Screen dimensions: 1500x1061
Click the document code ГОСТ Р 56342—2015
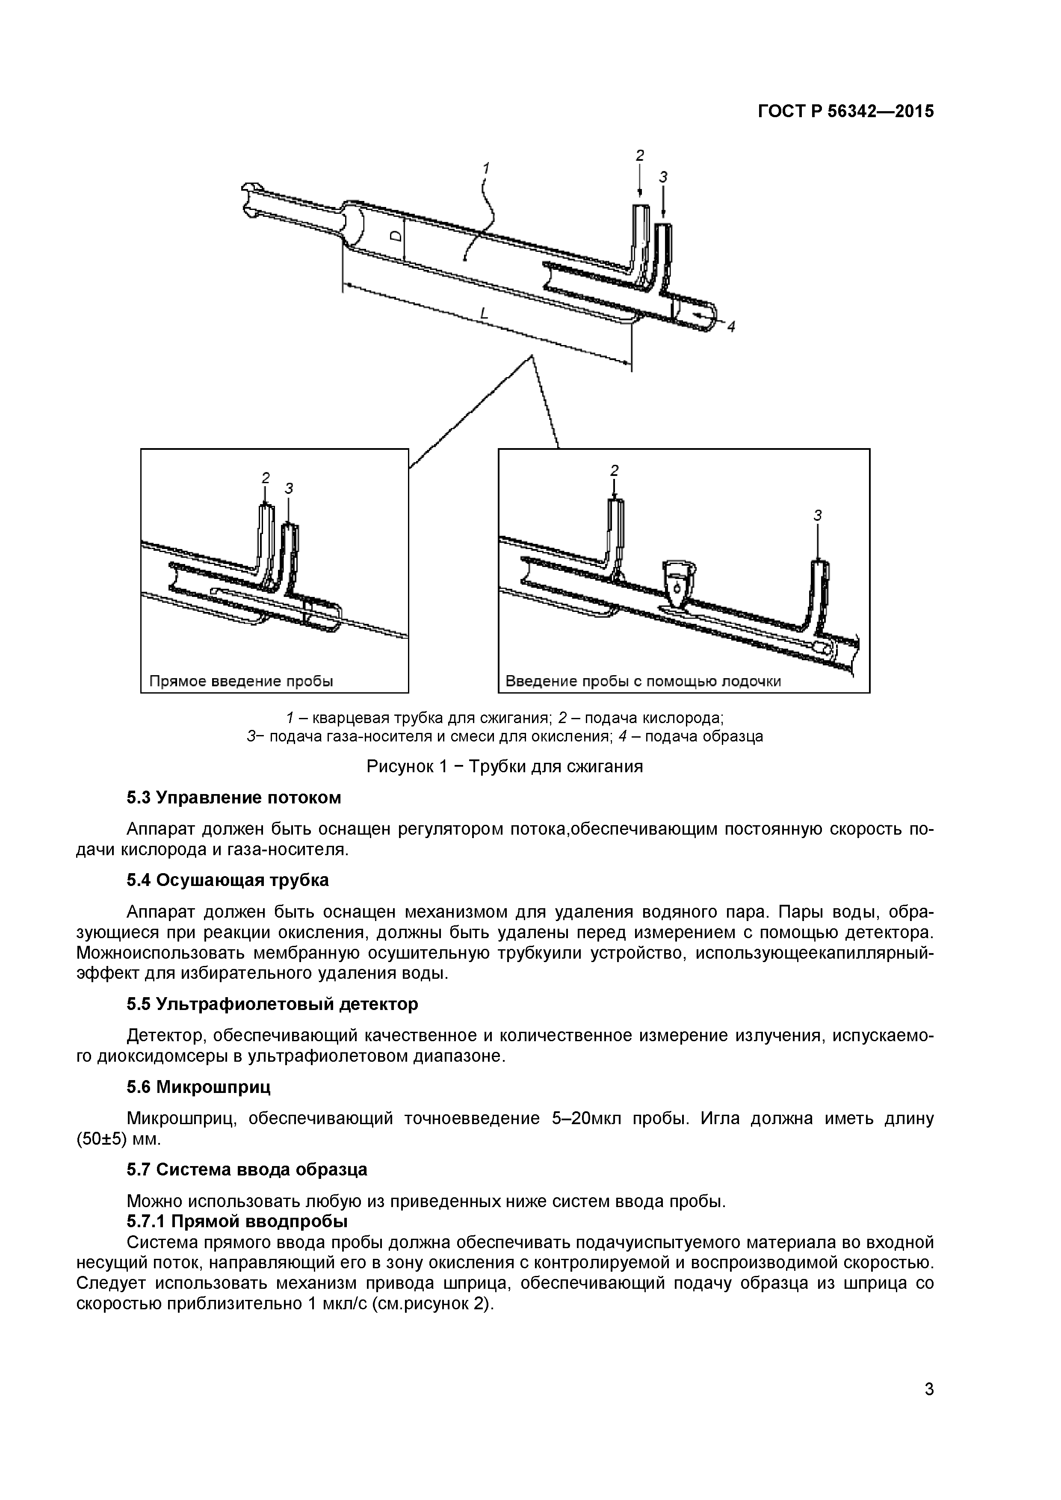coord(845,112)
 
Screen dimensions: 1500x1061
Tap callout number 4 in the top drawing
coord(731,327)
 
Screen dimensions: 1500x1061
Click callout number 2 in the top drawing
coord(640,156)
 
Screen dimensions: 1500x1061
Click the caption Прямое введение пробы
coord(241,682)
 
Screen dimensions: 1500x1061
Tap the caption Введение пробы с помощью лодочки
coord(644,682)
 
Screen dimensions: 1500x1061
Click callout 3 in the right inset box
coord(817,515)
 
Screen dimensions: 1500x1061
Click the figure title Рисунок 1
coord(504,766)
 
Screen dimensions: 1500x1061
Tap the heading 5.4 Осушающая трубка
coord(228,880)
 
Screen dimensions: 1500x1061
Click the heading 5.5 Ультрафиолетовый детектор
coord(272,1004)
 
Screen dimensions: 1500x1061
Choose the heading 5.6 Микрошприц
coord(198,1087)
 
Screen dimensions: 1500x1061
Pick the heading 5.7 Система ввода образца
coord(246,1169)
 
